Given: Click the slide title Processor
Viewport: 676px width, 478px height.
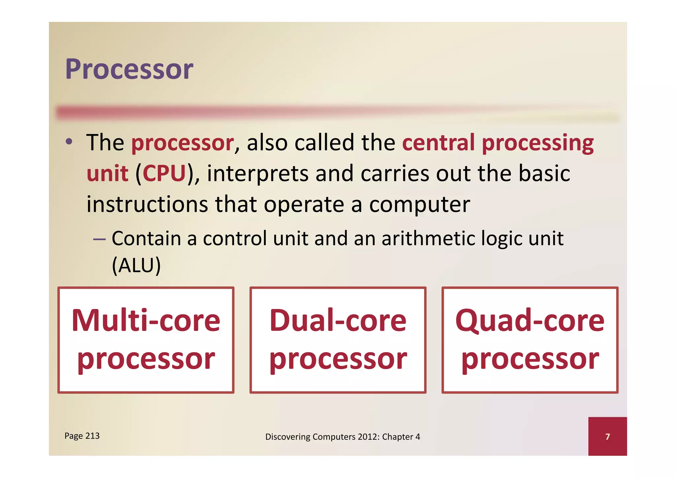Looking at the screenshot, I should (129, 69).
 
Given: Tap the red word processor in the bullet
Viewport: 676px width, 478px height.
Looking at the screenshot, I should (183, 143).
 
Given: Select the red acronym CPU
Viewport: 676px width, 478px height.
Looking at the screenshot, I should (164, 173).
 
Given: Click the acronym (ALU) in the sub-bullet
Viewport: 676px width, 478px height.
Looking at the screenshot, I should (136, 265).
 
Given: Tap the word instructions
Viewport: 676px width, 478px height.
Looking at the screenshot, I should (147, 204).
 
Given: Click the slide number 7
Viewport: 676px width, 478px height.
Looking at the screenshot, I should (607, 437).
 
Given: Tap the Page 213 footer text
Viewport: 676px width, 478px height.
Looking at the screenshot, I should (82, 436).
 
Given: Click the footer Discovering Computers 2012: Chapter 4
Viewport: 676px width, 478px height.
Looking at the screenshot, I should (343, 437).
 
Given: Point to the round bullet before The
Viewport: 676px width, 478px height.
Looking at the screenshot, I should (69, 142).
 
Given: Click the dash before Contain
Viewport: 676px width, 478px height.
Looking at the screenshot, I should (99, 239).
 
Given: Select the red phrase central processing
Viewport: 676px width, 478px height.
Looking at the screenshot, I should (498, 143).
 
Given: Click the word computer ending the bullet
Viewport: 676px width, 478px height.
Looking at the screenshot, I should (419, 205).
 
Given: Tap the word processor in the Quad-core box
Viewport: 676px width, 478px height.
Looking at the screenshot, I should (530, 359).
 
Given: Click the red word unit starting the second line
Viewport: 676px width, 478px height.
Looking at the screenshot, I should (107, 173).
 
